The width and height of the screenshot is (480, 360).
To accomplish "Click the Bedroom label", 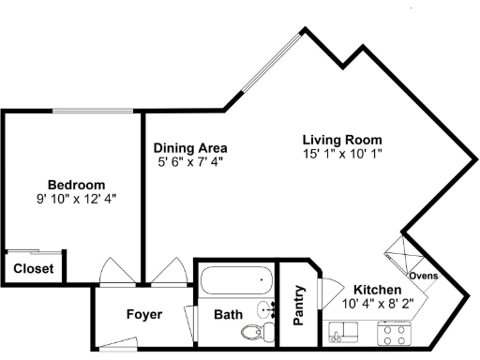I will (x=76, y=185).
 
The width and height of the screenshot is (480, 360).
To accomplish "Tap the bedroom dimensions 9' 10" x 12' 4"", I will (x=76, y=199).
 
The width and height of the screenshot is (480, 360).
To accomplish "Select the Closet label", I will (x=33, y=269).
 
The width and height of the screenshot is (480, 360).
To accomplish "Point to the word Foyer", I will (x=143, y=314).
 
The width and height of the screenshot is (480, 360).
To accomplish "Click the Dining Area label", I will (x=190, y=148).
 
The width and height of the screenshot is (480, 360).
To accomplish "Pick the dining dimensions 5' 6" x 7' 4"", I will (x=190, y=161).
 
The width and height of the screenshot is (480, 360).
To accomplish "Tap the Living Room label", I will (x=342, y=139).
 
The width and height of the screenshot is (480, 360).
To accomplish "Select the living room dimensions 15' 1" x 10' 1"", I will (x=342, y=153).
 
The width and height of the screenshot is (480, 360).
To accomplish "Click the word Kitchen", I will (x=378, y=290).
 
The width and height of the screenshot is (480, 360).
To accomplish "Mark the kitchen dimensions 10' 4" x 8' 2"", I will (x=378, y=304).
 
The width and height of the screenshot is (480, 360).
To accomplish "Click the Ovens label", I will (x=424, y=276).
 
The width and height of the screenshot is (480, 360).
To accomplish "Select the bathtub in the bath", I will (x=235, y=280).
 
